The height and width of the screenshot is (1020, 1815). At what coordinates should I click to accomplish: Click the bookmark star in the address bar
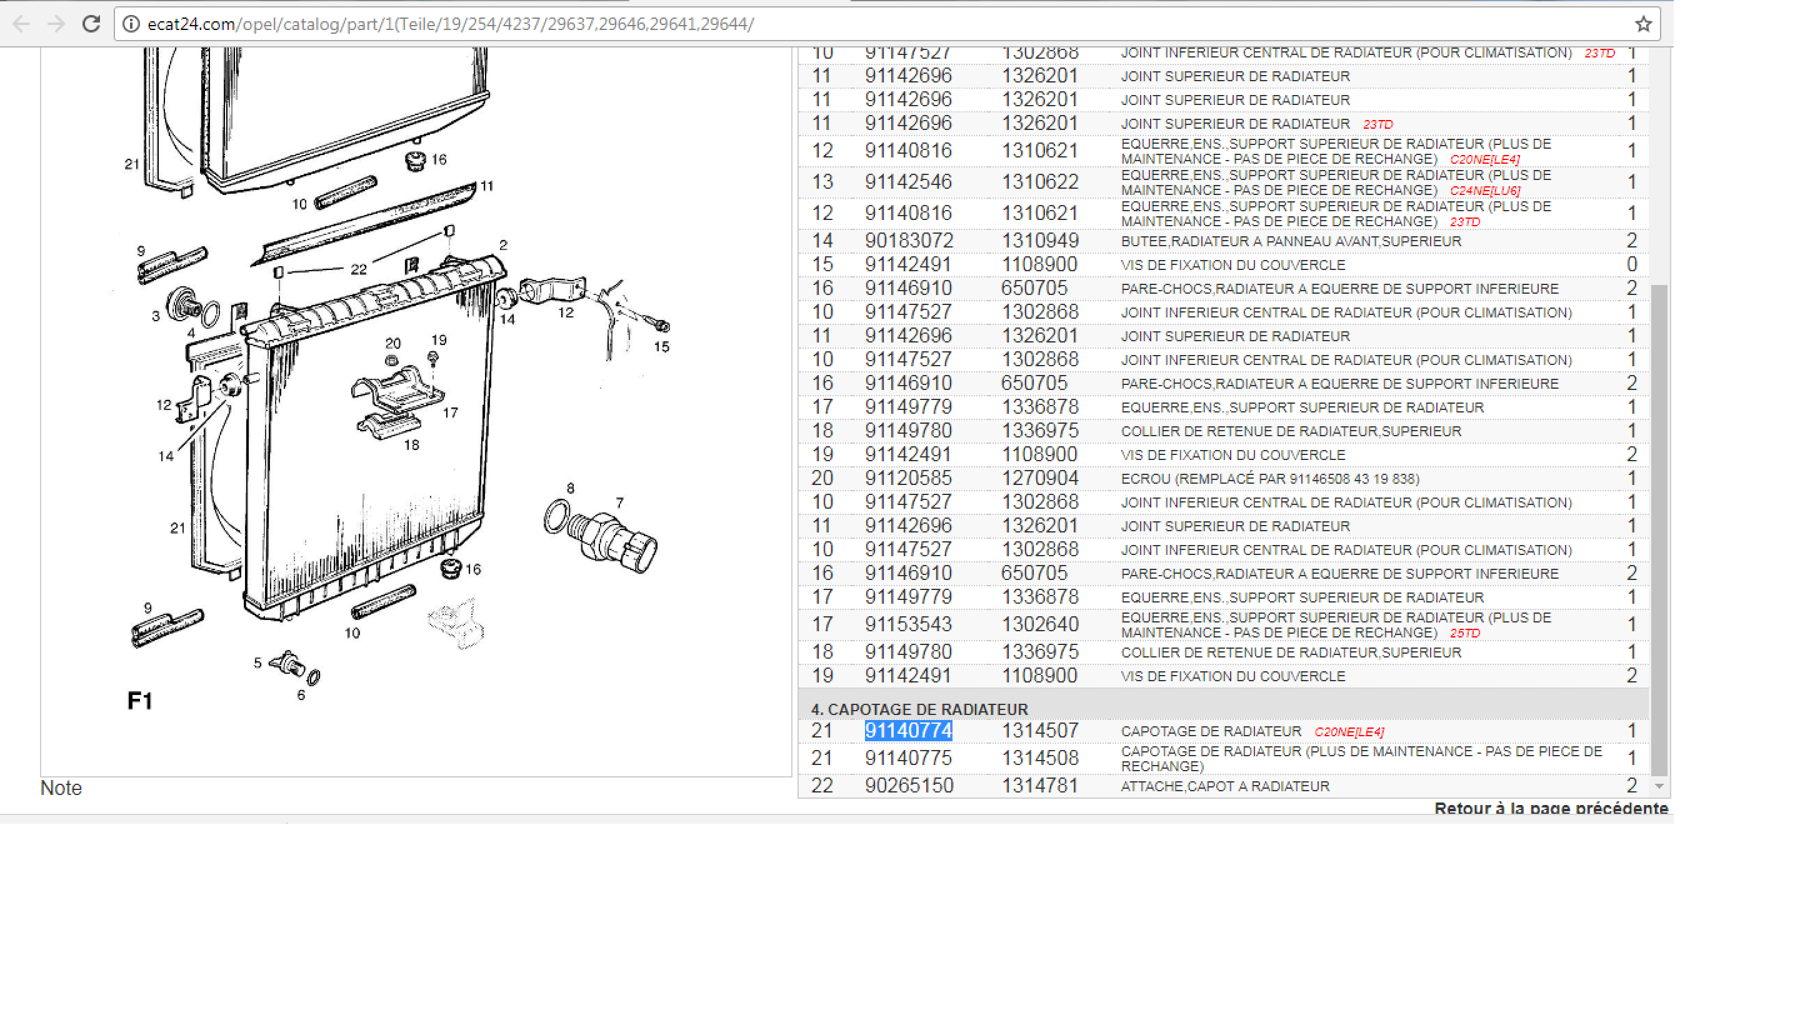pyautogui.click(x=1643, y=24)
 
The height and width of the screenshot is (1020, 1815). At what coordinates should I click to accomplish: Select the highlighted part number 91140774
pyautogui.click(x=908, y=731)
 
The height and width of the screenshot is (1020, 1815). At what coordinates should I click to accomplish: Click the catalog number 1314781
pyautogui.click(x=1040, y=786)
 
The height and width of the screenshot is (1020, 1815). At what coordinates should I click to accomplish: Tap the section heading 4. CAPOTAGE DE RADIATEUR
pyautogui.click(x=919, y=709)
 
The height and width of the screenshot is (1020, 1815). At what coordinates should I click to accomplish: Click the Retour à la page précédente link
pyautogui.click(x=1551, y=808)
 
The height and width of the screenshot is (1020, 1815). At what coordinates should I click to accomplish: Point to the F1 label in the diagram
pyautogui.click(x=139, y=700)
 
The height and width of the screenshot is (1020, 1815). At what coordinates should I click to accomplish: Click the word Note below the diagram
pyautogui.click(x=61, y=787)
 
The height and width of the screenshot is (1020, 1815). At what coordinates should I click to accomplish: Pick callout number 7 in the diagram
pyautogui.click(x=619, y=502)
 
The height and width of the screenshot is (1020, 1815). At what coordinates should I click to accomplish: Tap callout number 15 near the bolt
pyautogui.click(x=661, y=347)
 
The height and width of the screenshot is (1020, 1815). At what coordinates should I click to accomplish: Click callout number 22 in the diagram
pyautogui.click(x=359, y=269)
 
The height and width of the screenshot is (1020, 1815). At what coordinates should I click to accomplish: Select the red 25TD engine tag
pyautogui.click(x=1465, y=633)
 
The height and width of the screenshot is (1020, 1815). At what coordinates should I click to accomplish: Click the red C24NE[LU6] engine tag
pyautogui.click(x=1484, y=191)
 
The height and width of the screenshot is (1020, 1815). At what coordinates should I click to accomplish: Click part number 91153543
pyautogui.click(x=908, y=624)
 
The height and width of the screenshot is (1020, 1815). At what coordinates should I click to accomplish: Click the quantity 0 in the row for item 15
pyautogui.click(x=1632, y=264)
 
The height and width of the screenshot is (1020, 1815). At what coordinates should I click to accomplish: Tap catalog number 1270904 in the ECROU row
pyautogui.click(x=1040, y=478)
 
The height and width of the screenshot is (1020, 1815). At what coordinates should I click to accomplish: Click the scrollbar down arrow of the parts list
pyautogui.click(x=1659, y=786)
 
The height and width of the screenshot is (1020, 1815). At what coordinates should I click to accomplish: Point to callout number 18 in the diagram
pyautogui.click(x=411, y=445)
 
